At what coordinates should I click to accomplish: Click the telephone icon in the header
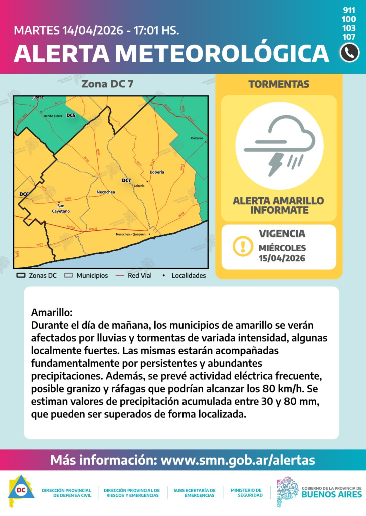tap(349, 52)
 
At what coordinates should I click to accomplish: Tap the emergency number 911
tap(349, 10)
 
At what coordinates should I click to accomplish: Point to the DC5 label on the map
tap(71, 116)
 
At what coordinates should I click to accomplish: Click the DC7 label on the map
tap(126, 180)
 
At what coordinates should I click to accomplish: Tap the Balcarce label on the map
tap(197, 138)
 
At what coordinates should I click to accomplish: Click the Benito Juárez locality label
tap(53, 116)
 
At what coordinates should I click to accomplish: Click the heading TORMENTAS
tap(279, 84)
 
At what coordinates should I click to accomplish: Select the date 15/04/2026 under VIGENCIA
tap(282, 258)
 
